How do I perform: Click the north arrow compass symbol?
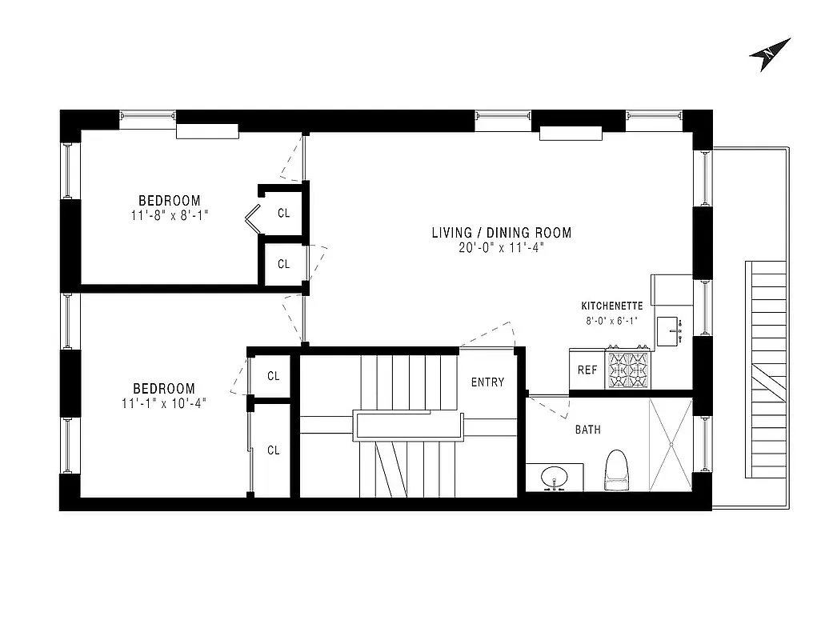[x=770, y=54]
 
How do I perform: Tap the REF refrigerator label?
[x=587, y=370]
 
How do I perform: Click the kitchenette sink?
[x=670, y=330]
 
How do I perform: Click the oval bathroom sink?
[x=554, y=478]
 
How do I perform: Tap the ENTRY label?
[x=487, y=382]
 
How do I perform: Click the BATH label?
[x=587, y=430]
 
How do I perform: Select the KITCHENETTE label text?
[x=611, y=306]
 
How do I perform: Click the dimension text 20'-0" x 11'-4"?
[x=502, y=248]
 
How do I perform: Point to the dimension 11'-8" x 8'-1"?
[x=170, y=215]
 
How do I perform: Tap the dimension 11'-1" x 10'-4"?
[x=163, y=404]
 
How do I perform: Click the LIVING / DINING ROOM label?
[x=502, y=233]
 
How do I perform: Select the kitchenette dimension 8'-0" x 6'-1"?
[x=611, y=321]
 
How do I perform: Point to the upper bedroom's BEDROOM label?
[x=170, y=200]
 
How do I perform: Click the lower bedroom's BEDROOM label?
[x=163, y=389]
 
